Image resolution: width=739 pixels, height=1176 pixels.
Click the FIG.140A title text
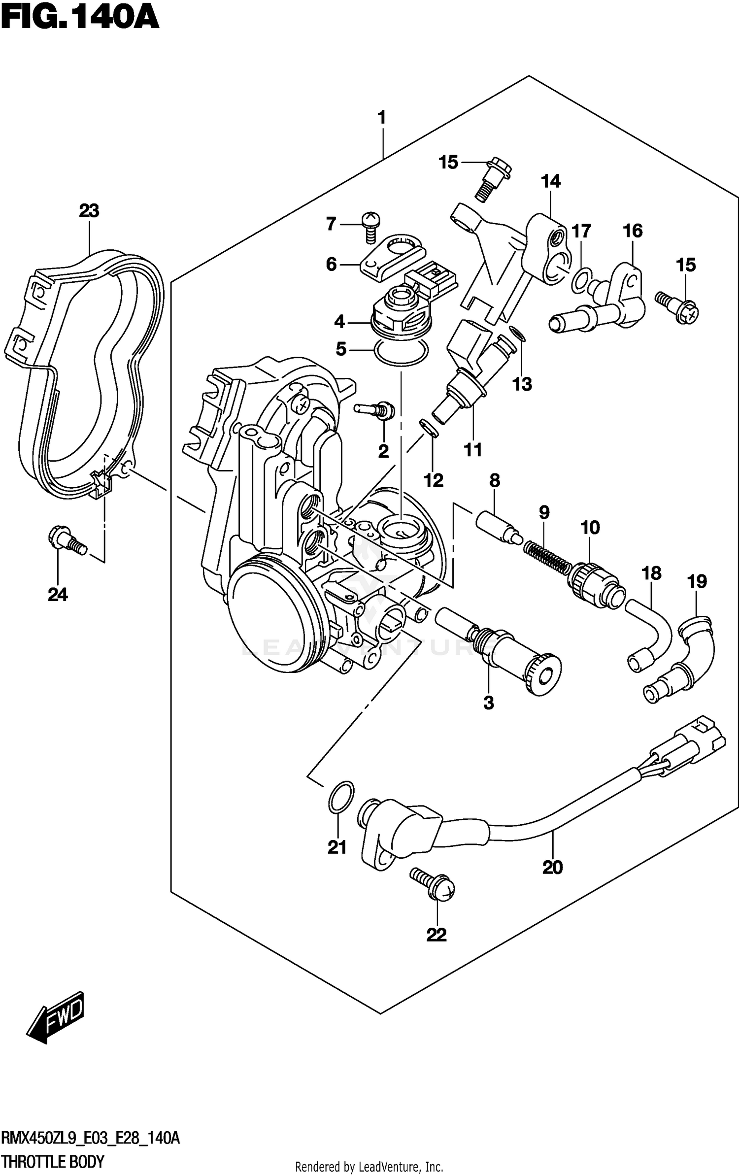point(80,18)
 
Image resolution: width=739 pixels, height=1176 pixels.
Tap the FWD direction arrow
point(55,1017)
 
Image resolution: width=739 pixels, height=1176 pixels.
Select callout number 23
point(89,211)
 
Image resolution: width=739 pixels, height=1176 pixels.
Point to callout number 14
point(550,181)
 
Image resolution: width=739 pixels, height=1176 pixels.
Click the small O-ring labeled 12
point(428,428)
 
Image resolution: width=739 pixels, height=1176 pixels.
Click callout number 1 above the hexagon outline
point(381,118)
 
